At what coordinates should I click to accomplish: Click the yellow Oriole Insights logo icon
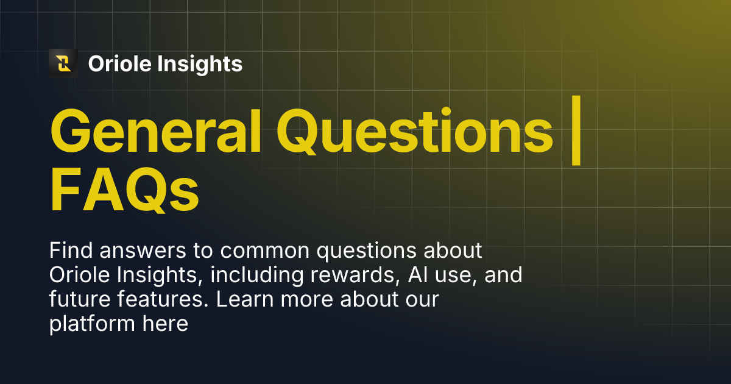[63, 63]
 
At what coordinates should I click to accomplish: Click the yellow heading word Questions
[414, 132]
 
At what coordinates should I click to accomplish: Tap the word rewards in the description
[355, 276]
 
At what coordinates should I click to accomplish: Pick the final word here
[165, 324]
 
